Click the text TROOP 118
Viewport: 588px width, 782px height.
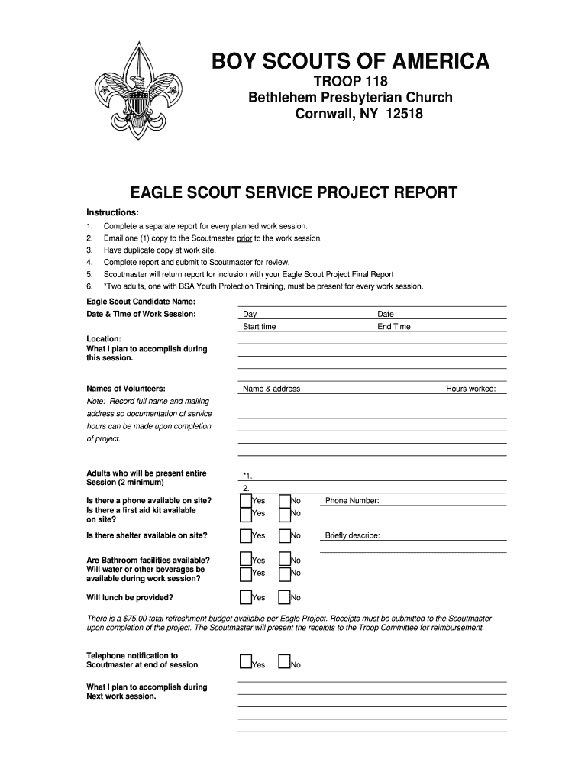(x=350, y=82)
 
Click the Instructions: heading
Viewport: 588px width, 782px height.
(x=112, y=212)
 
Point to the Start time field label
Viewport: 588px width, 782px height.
(x=260, y=327)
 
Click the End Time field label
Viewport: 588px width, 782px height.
(x=393, y=327)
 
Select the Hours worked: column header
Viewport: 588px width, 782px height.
(x=470, y=389)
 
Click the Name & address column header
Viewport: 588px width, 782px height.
(x=271, y=389)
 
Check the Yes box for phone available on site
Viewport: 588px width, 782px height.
(x=246, y=501)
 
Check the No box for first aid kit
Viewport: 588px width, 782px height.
(x=284, y=514)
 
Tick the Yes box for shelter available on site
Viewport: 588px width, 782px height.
(x=246, y=536)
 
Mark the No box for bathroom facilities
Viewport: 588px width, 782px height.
(x=284, y=561)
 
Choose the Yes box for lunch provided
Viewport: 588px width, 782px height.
(x=246, y=597)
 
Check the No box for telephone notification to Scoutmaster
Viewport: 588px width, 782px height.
(x=284, y=662)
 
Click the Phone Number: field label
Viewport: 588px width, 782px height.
(x=352, y=501)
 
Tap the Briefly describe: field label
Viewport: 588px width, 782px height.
(x=352, y=536)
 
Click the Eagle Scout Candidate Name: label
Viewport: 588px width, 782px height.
(x=135, y=302)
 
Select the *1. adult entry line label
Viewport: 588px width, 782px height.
(x=247, y=476)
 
